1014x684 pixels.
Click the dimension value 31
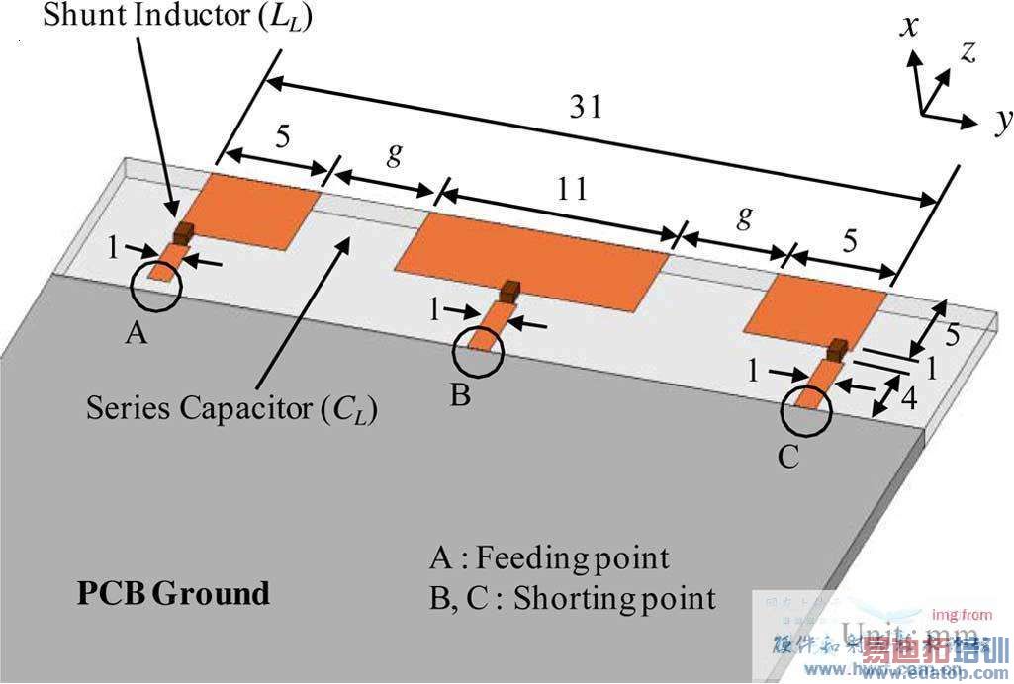586,107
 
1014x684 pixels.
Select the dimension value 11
572,187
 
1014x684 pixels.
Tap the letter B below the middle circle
460,397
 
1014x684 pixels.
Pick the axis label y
1003,121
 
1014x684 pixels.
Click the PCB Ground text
173,593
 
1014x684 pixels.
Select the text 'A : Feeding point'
549,558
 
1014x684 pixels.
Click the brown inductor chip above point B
510,291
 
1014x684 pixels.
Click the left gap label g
393,154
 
